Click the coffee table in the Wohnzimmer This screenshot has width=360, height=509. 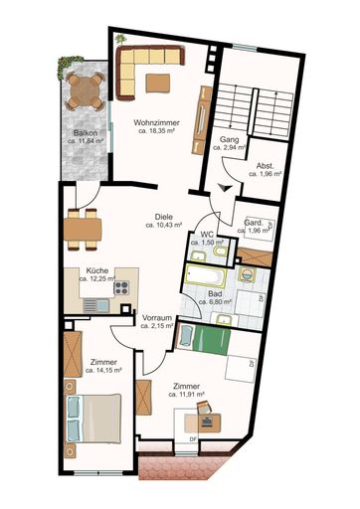click(158, 82)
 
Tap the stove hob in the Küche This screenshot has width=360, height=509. click(123, 288)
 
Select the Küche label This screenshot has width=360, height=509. click(96, 270)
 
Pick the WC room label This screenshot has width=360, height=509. click(208, 237)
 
